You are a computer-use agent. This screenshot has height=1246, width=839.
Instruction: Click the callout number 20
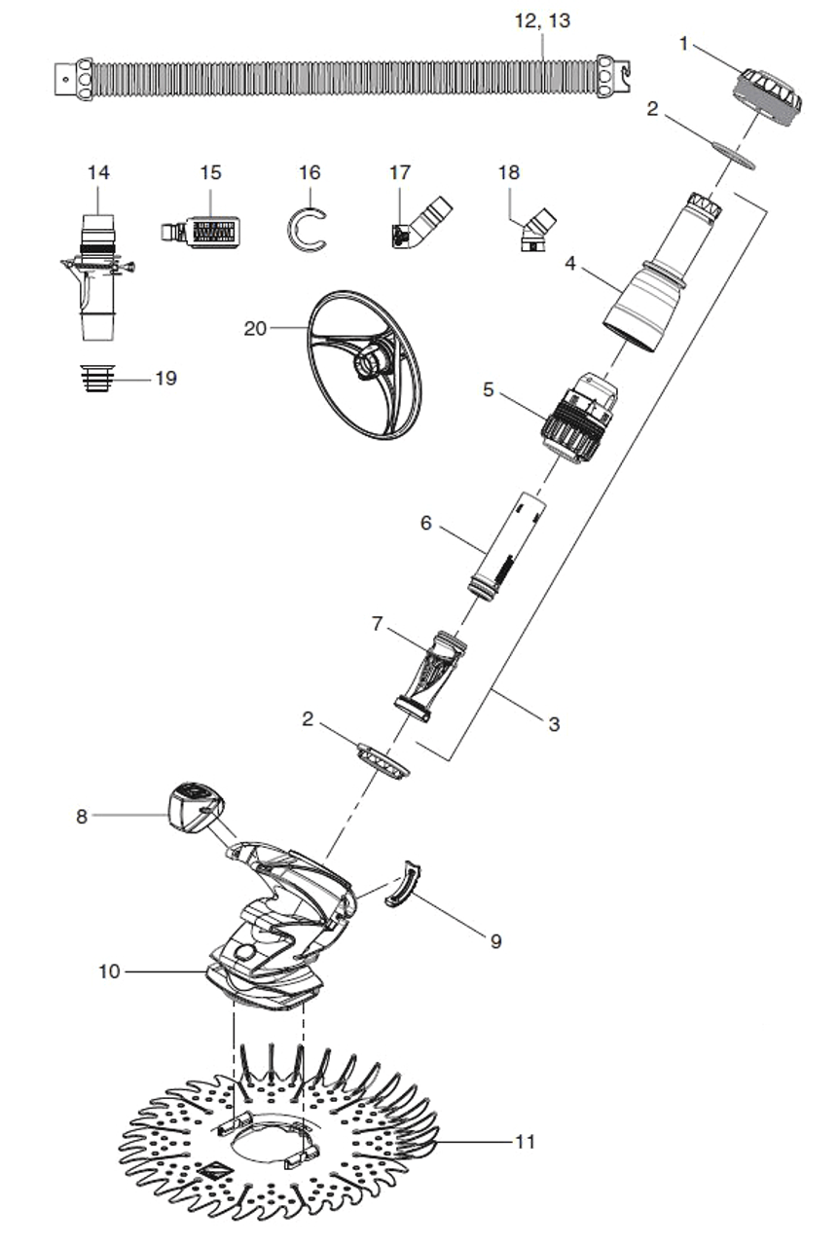click(254, 329)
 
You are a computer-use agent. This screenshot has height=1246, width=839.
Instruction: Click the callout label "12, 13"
click(542, 19)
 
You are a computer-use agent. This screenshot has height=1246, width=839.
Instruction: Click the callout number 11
click(525, 1142)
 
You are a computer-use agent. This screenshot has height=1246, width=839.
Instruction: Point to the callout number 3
click(553, 724)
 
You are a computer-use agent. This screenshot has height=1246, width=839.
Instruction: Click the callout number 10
click(109, 971)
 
